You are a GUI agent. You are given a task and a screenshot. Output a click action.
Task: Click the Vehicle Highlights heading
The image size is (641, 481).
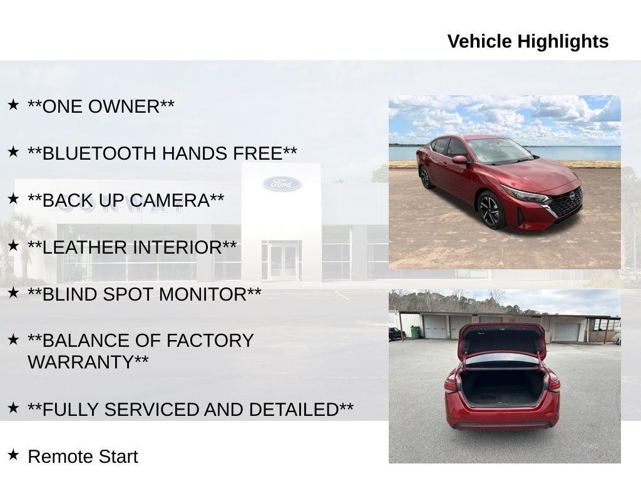528,41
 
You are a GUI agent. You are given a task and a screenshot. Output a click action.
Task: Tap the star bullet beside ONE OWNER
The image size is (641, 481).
13,105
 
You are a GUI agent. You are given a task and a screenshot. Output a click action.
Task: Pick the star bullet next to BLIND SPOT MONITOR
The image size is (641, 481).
13,292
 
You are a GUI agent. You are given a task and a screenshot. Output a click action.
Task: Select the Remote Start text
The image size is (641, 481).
83,457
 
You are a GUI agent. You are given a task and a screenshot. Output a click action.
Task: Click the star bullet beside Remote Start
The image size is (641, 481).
13,455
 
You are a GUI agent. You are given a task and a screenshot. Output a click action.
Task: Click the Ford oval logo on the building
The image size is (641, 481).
282,184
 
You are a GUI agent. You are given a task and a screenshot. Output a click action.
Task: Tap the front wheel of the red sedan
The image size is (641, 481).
490,210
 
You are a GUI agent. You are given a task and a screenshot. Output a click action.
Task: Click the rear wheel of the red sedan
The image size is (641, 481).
426,178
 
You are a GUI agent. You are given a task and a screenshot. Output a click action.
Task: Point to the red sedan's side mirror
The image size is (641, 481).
460,160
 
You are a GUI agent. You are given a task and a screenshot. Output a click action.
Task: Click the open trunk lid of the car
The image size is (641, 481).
501,341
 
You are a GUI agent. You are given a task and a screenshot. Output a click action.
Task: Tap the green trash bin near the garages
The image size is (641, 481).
415,332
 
